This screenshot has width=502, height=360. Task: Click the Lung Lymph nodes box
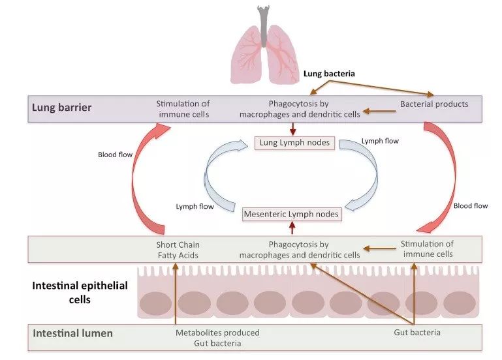(x=294, y=143)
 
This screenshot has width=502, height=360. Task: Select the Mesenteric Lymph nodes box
(x=291, y=214)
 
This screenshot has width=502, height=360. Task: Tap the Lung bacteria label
(x=329, y=74)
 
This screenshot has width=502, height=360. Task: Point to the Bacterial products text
(x=434, y=104)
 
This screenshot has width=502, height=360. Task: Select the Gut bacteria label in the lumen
(x=416, y=333)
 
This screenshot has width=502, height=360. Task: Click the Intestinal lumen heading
(x=72, y=334)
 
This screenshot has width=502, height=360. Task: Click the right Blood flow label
(x=470, y=206)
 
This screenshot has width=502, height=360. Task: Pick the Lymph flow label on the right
(x=381, y=141)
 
